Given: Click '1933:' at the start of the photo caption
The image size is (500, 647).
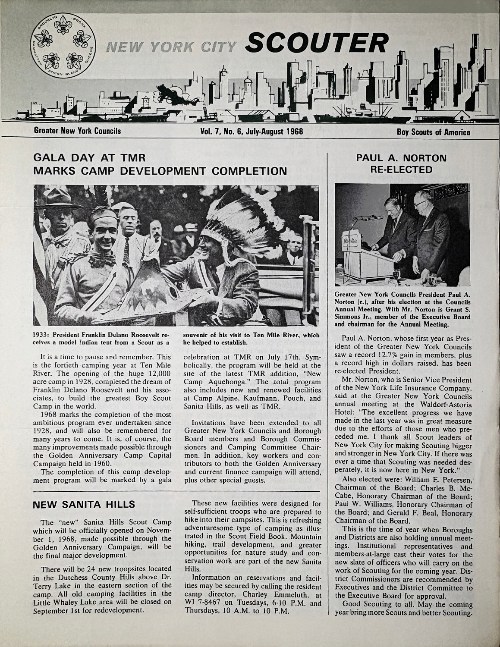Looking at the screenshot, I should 43,335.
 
